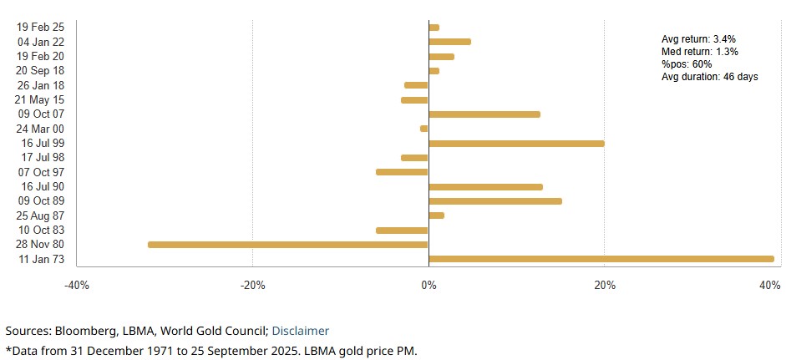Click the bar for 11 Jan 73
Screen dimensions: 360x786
tap(601, 259)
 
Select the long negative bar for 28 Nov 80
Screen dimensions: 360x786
tap(287, 245)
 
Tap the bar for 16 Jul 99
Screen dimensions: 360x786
tap(515, 144)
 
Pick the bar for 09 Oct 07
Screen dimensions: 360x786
tap(484, 114)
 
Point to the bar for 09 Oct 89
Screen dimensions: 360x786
tap(494, 201)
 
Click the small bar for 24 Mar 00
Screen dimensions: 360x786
tap(423, 129)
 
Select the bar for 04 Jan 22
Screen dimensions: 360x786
tap(449, 42)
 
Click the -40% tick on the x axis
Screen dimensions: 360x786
tap(77, 286)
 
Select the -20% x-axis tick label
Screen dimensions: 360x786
tap(252, 286)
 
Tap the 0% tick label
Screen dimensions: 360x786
tap(428, 286)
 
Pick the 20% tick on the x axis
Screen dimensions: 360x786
tap(605, 286)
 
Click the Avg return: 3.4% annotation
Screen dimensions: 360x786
tap(698, 39)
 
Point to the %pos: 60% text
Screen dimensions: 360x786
tap(687, 64)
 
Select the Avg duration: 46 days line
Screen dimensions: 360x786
tap(709, 77)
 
